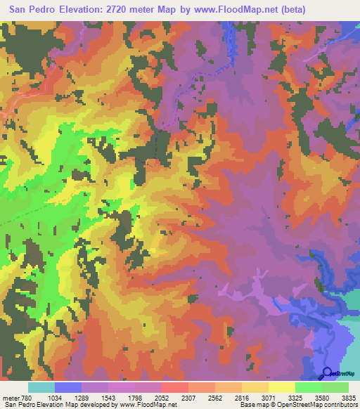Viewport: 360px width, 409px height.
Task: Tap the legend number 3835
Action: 349,397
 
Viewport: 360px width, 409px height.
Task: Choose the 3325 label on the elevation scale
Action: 295,397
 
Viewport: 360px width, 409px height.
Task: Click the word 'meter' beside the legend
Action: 11,397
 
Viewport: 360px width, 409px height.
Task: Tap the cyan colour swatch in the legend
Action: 41,387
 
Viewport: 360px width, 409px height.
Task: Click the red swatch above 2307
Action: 174,387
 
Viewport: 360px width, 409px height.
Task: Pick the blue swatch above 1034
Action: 68,387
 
